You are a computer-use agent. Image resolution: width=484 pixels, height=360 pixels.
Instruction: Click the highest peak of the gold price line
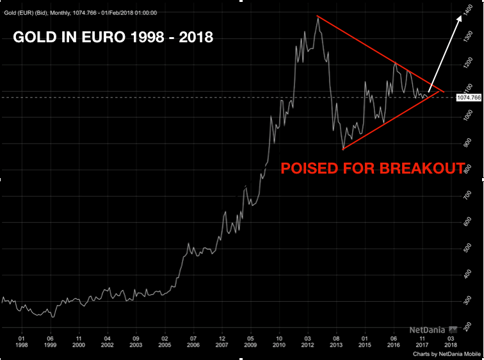318,17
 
